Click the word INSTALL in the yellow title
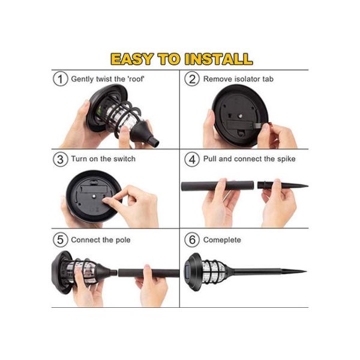[x=218, y=59]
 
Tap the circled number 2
[x=192, y=79]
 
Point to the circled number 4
[x=192, y=159]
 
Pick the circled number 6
[x=192, y=240]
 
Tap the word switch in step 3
[x=124, y=159]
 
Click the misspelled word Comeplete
[x=223, y=240]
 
